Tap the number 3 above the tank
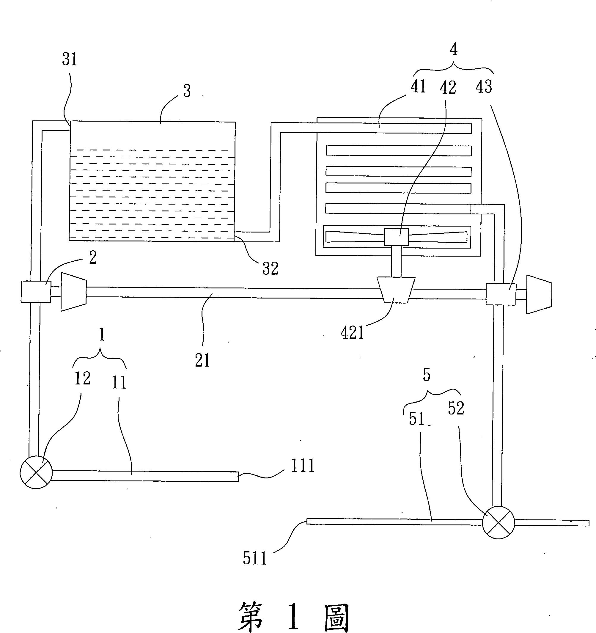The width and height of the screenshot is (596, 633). (187, 91)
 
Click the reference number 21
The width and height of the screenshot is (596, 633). (202, 360)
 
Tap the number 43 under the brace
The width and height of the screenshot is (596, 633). (484, 87)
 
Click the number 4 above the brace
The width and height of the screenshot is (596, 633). (454, 50)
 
